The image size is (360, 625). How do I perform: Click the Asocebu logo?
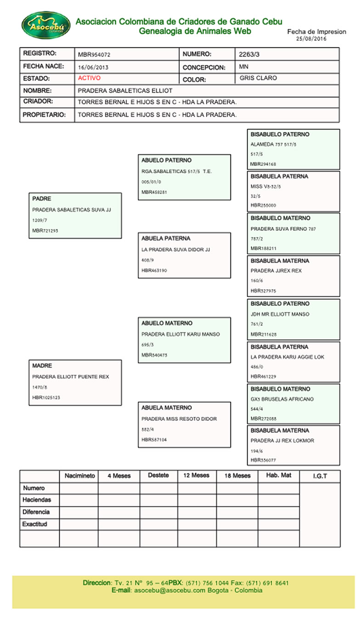(x=46, y=25)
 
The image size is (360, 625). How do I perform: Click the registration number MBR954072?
(x=94, y=55)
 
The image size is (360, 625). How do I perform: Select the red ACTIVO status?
(x=89, y=78)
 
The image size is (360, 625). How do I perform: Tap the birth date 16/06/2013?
(x=93, y=67)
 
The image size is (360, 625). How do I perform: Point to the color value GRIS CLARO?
(x=258, y=79)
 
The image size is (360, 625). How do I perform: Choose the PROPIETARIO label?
(x=44, y=114)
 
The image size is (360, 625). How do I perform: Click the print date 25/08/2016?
(x=312, y=39)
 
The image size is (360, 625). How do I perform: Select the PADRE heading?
(x=42, y=199)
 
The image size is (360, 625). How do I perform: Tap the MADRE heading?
(x=42, y=366)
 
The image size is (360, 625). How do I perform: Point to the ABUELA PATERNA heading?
(x=166, y=239)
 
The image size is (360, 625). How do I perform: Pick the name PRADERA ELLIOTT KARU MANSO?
(x=180, y=334)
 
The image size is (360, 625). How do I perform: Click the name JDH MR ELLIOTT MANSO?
(x=280, y=315)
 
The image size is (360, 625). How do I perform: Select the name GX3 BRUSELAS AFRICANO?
(x=282, y=400)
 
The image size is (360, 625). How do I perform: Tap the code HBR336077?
(x=263, y=460)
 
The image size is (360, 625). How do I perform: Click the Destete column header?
(x=158, y=476)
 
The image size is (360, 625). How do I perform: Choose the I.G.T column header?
(x=320, y=476)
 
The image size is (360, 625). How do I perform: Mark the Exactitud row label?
(x=35, y=524)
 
